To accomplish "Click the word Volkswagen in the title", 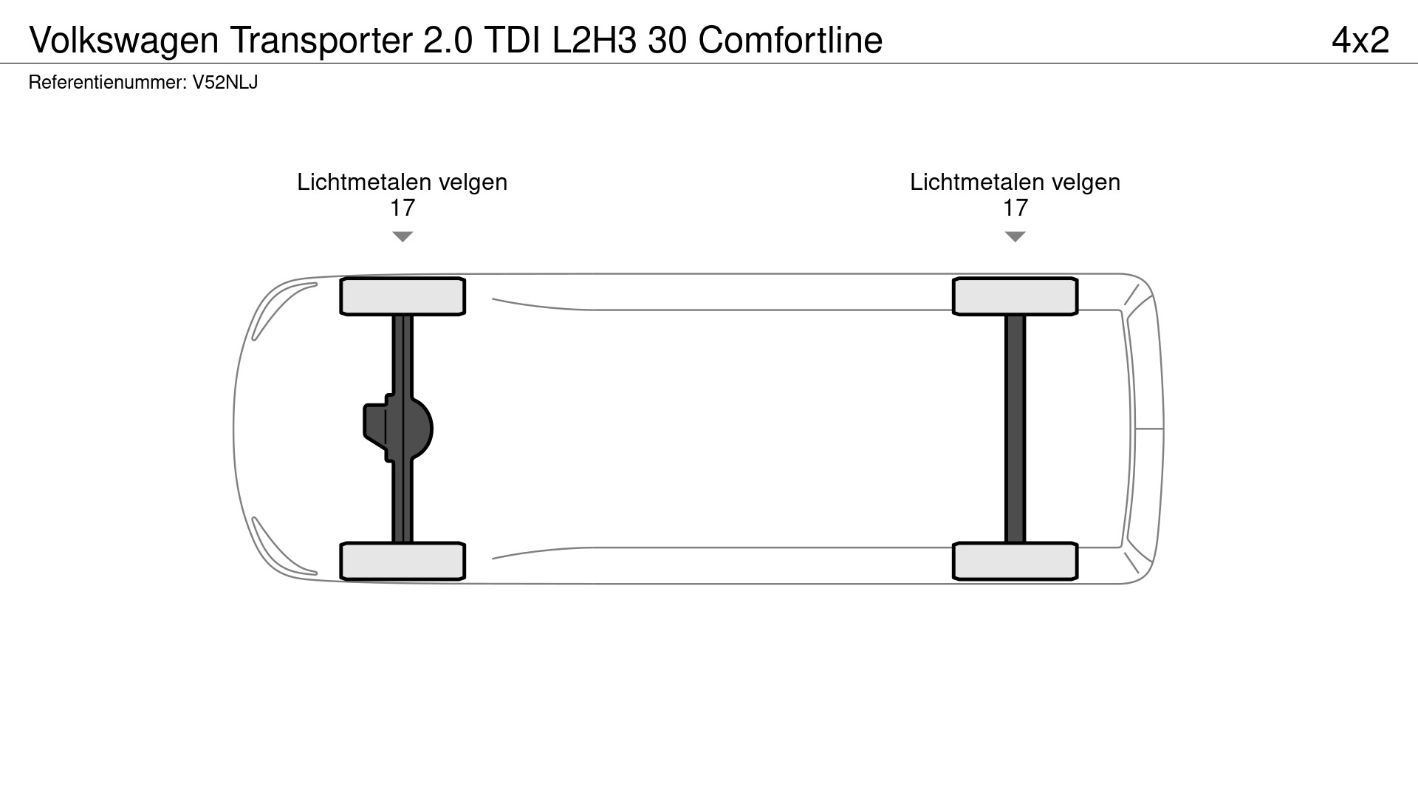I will [x=124, y=41].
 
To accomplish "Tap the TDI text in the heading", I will [x=512, y=41].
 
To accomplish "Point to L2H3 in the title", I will [x=594, y=41].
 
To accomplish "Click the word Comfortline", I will [x=790, y=41].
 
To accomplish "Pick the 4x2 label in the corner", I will [x=1360, y=41].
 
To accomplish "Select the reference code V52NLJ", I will [x=225, y=83].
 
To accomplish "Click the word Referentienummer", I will [x=106, y=83].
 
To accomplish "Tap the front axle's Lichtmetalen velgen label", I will [x=402, y=183].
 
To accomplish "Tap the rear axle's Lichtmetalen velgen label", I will [x=1015, y=183].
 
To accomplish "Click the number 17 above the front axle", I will [x=402, y=208].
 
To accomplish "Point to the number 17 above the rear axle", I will [x=1015, y=208].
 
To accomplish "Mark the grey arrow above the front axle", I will [x=402, y=236].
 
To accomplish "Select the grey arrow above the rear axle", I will [x=1015, y=236].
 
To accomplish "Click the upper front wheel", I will [x=402, y=296].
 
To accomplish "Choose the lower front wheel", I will [x=402, y=561].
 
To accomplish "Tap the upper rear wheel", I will [x=1015, y=296].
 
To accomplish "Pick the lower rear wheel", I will [x=1015, y=561].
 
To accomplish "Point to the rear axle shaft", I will [x=1015, y=429].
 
